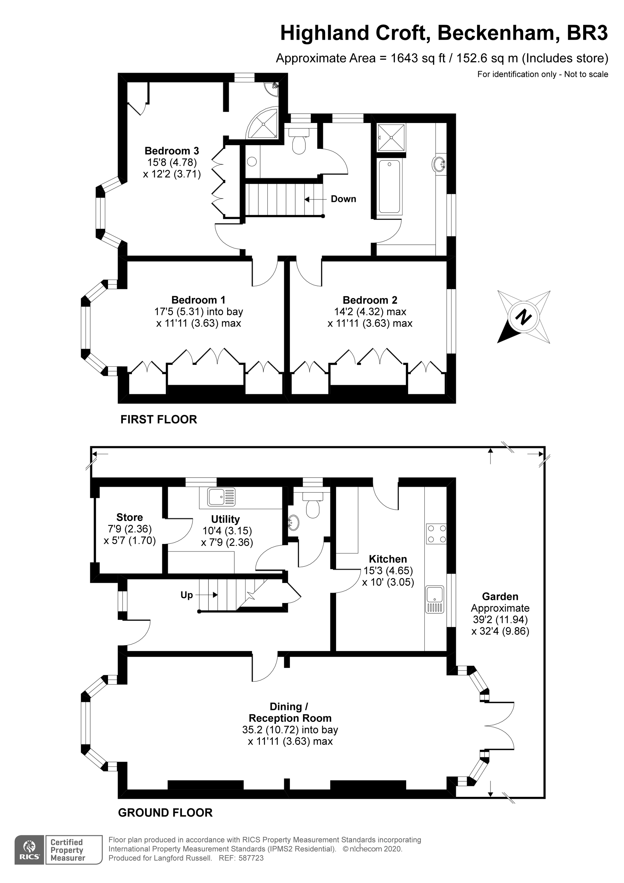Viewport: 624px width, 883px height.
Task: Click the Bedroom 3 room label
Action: pos(172,151)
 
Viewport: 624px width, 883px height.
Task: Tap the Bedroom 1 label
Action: pos(198,300)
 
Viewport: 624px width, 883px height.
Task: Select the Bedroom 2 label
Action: pos(370,300)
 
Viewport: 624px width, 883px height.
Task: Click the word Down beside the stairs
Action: pos(343,199)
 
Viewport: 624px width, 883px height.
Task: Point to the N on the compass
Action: pos(523,317)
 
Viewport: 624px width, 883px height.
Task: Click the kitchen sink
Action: pos(435,600)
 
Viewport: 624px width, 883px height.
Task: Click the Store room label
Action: pos(129,517)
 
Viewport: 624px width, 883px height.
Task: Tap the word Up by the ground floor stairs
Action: pos(187,595)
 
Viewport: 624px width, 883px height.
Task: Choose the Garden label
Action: pos(500,596)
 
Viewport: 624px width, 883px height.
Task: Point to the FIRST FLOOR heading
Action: pos(158,419)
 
